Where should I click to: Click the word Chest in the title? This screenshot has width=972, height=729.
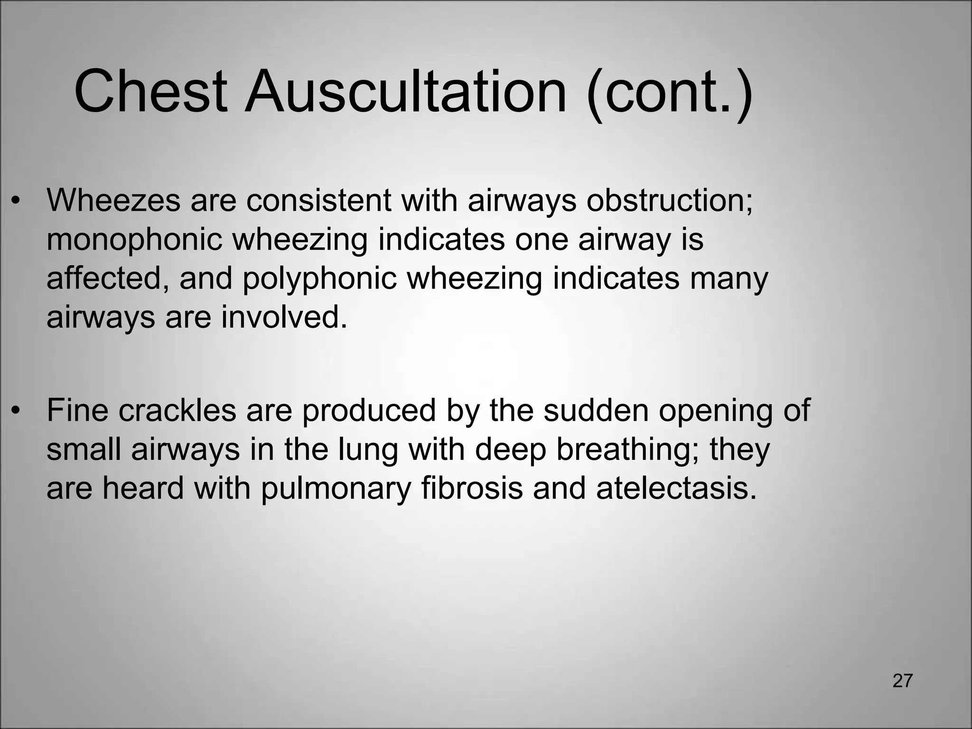coord(150,91)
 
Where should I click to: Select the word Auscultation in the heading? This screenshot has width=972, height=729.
coord(405,91)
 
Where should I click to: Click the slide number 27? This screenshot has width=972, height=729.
coord(902,681)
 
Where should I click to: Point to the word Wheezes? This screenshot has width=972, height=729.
coord(113,200)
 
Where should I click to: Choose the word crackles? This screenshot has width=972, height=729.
coord(177,410)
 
